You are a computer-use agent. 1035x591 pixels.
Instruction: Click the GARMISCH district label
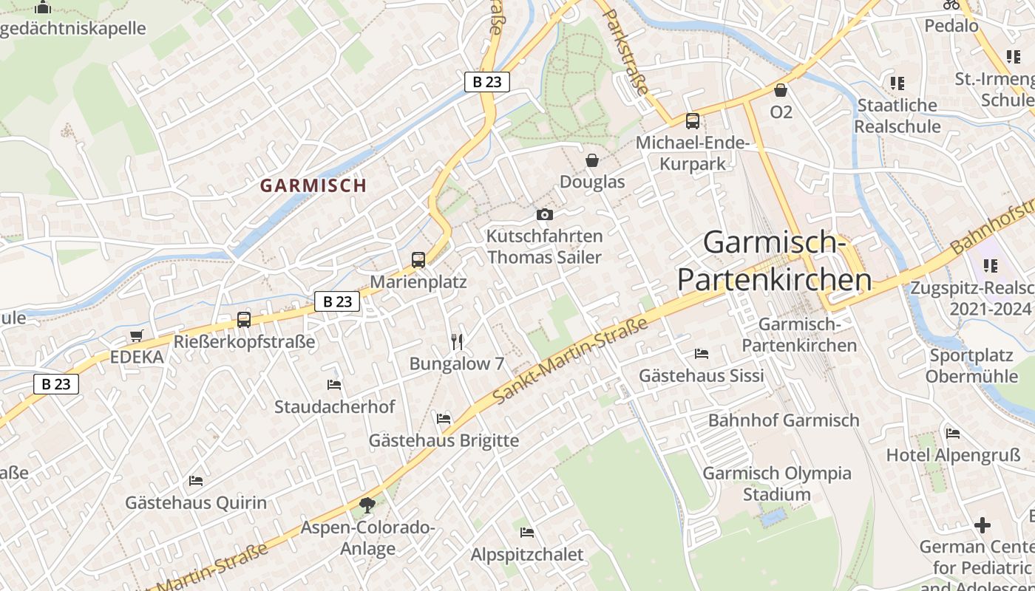coord(313,185)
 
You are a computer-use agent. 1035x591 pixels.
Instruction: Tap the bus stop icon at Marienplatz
coord(418,260)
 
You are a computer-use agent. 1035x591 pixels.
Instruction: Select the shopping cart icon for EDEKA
coord(136,336)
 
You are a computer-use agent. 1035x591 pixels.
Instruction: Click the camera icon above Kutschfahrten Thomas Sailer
coord(545,215)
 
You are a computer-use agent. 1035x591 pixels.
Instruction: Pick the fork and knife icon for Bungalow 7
coord(457,341)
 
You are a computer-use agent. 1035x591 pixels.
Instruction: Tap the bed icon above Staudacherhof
coord(334,385)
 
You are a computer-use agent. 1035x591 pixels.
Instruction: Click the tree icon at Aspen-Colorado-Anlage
coord(367,506)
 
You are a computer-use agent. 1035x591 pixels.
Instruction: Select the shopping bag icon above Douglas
coord(592,160)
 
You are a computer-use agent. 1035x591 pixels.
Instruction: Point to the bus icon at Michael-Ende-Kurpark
coord(693,121)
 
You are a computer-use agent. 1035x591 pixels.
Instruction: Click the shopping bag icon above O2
coord(781,90)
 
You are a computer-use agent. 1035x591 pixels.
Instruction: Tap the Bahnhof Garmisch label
coord(784,420)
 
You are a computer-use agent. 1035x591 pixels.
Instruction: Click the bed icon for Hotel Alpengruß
coord(953,433)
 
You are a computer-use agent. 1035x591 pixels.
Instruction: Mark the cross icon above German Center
coord(983,525)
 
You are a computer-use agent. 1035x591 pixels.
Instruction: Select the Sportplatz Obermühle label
coord(974,366)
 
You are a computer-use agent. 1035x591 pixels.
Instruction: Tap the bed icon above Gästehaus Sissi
coord(702,354)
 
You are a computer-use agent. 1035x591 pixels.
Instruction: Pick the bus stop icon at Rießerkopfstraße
coord(244,320)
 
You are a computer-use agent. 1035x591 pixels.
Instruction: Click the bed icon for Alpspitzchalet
coord(527,532)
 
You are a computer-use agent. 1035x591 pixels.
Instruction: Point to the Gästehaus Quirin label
coord(196,503)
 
